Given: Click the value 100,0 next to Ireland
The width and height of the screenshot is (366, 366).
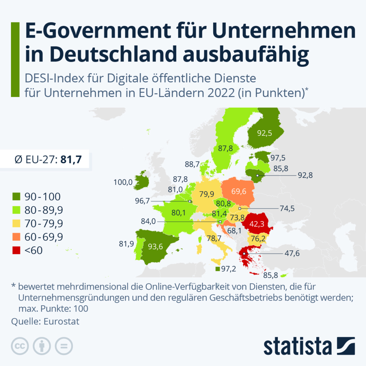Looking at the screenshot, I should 123,182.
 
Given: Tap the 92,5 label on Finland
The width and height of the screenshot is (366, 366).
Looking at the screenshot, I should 264,134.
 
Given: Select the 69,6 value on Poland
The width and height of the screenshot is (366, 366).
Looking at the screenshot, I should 239,192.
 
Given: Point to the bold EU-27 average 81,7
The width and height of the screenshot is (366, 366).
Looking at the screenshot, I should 71,160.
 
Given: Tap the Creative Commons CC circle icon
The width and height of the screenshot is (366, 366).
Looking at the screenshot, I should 20,346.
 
